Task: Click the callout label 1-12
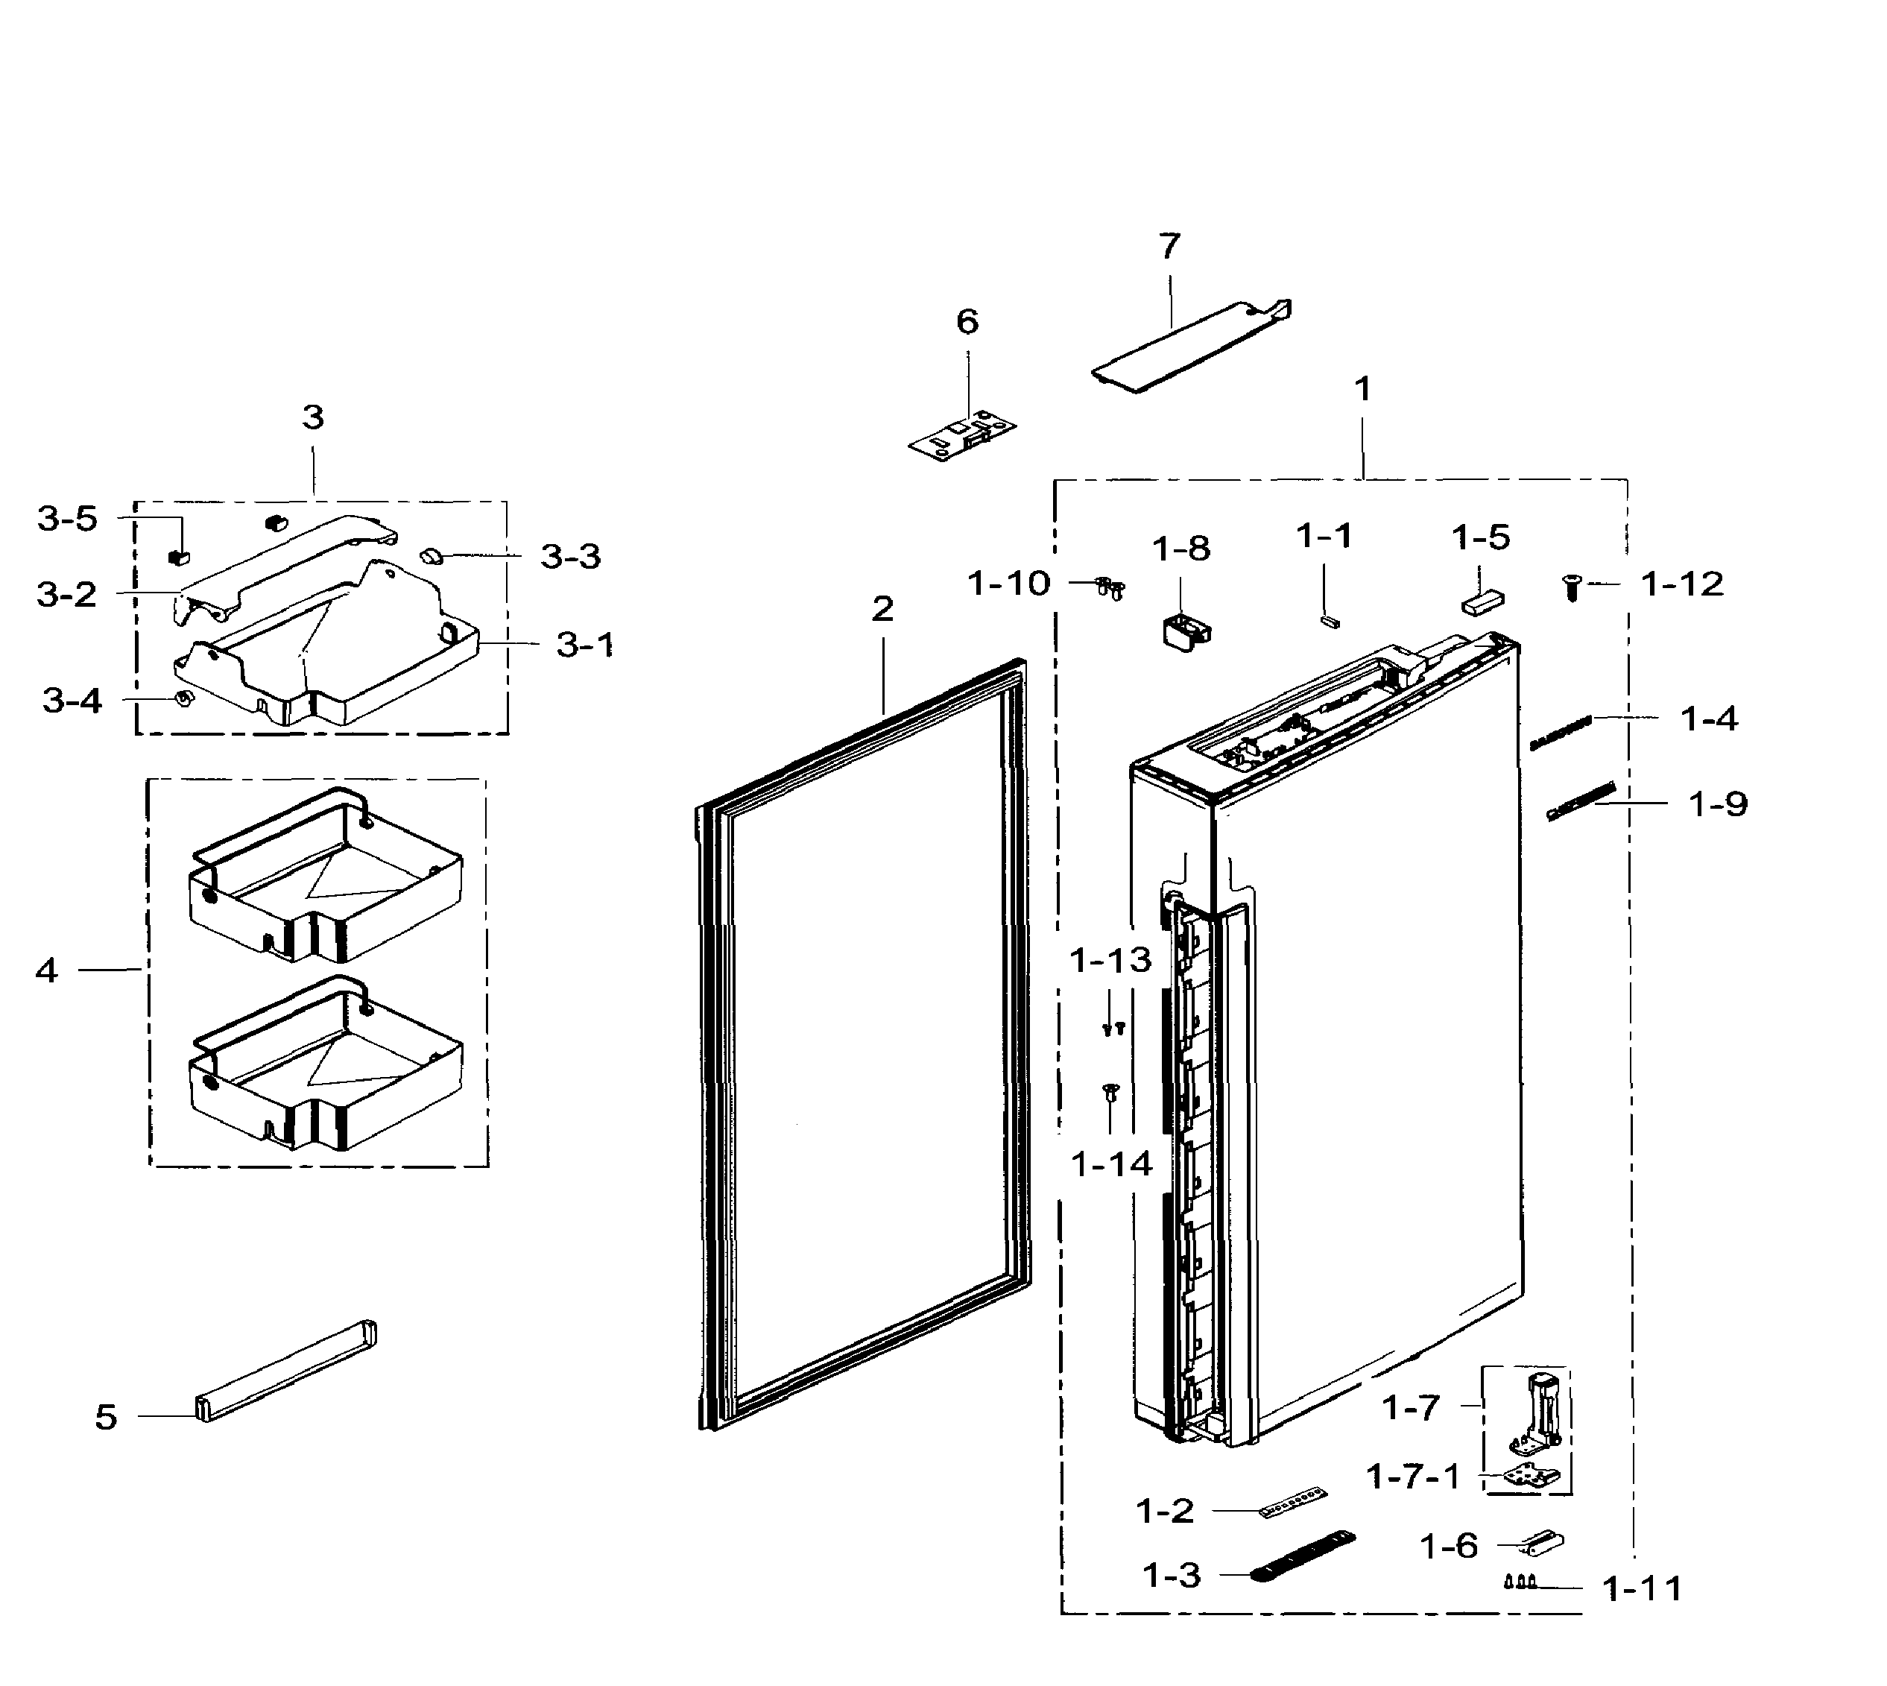coord(1681,584)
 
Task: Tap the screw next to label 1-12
coord(1571,587)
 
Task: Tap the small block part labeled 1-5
coord(1483,603)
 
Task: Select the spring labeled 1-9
coord(1582,801)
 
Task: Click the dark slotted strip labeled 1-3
coord(1303,1556)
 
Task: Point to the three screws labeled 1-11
coord(1520,1582)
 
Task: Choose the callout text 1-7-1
coord(1413,1477)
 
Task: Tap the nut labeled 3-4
coord(183,698)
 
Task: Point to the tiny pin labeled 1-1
coord(1328,621)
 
